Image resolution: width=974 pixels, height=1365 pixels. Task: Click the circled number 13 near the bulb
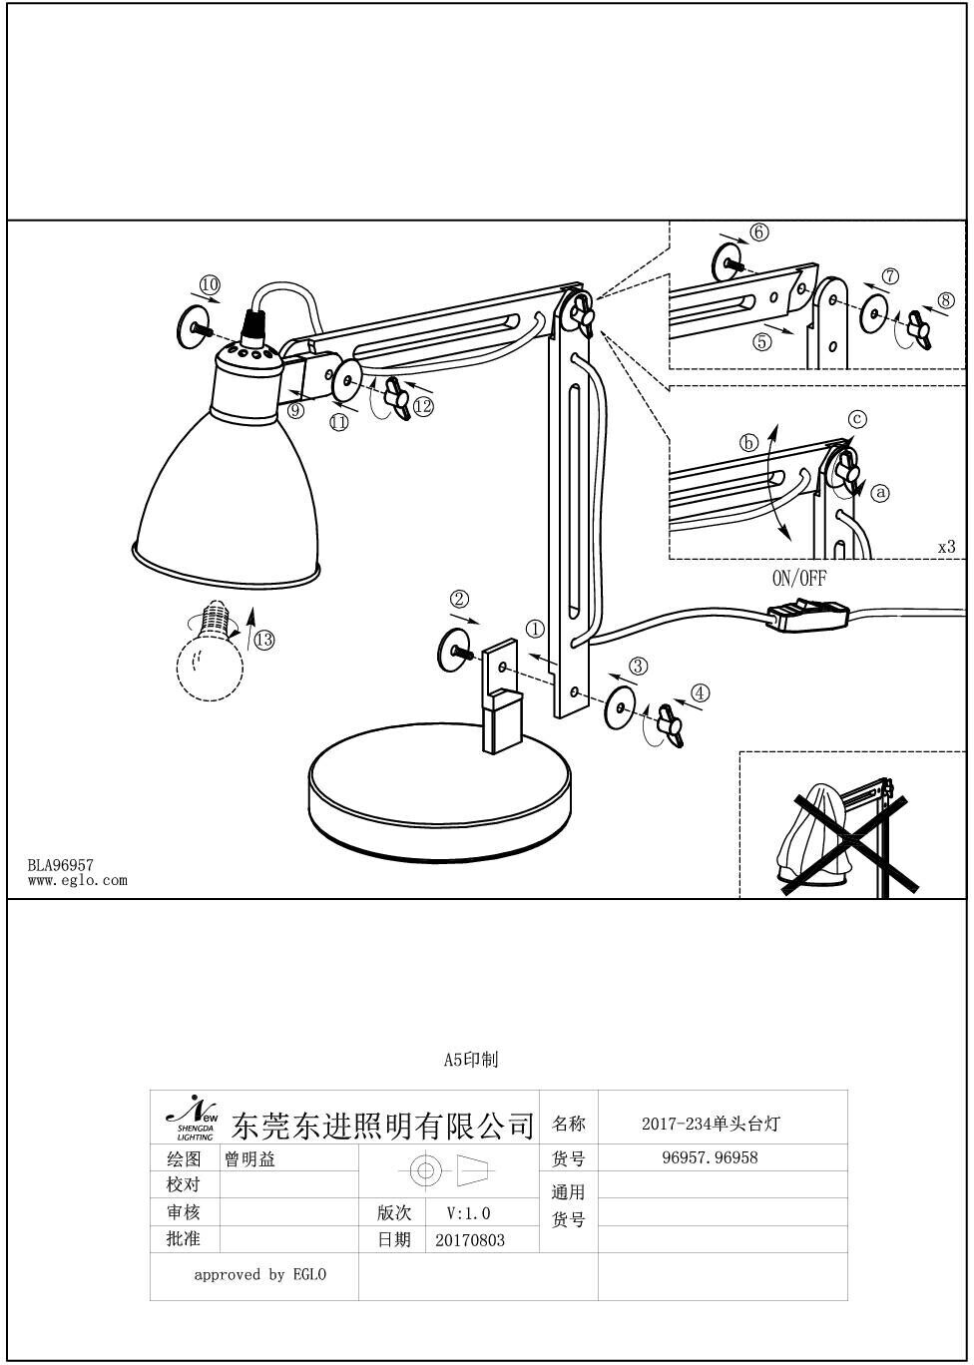pos(263,640)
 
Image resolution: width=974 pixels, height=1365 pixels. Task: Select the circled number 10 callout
pos(209,285)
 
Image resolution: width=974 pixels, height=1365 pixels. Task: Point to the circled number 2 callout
pos(459,599)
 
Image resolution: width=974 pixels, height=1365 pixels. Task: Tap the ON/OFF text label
pos(799,578)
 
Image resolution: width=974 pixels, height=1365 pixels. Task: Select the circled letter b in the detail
pos(748,443)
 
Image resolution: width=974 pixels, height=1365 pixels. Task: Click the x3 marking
pos(946,547)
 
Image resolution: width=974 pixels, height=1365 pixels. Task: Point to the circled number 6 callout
pos(759,232)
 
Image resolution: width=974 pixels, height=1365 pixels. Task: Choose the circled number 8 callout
pos(946,300)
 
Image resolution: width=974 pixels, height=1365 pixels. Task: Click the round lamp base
pos(439,798)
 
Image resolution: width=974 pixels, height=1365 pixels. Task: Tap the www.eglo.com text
pos(77,880)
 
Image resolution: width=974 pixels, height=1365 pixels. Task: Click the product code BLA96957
pos(60,866)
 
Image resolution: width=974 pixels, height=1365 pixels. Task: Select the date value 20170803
pos(470,1240)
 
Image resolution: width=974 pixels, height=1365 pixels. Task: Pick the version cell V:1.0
pos(468,1213)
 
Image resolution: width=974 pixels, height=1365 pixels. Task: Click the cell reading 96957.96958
pos(710,1158)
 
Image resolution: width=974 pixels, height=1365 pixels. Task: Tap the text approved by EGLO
pos(259,1274)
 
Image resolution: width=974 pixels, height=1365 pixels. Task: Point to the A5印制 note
pos(470,1060)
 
